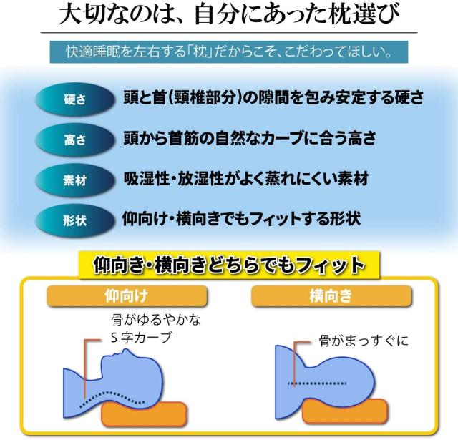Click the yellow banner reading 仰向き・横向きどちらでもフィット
tap(229, 266)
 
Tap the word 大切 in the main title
tap(84, 15)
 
